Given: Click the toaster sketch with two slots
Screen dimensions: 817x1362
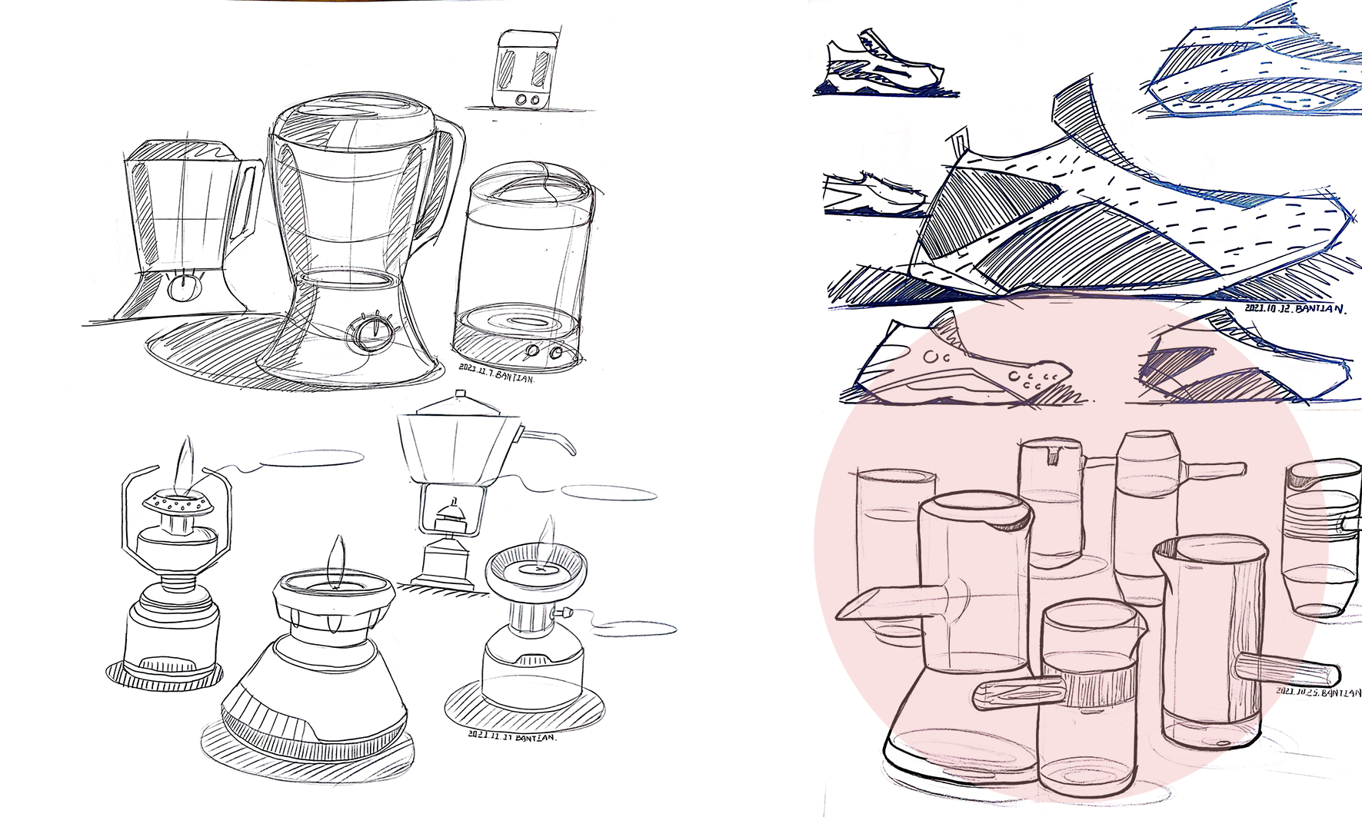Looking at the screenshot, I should click(x=525, y=69).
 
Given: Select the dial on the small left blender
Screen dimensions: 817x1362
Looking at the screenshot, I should click(x=182, y=287).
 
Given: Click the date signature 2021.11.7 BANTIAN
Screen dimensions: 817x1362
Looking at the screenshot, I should click(x=496, y=373).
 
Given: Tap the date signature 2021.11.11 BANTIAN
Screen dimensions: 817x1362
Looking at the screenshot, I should click(x=511, y=736).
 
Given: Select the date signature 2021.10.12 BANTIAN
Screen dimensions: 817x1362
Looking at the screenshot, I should click(x=1295, y=309).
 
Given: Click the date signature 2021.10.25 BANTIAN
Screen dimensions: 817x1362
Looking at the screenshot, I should click(x=1318, y=692).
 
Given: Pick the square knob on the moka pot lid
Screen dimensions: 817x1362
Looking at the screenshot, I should click(x=460, y=395).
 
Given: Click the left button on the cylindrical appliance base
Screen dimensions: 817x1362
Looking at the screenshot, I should click(x=532, y=352).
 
